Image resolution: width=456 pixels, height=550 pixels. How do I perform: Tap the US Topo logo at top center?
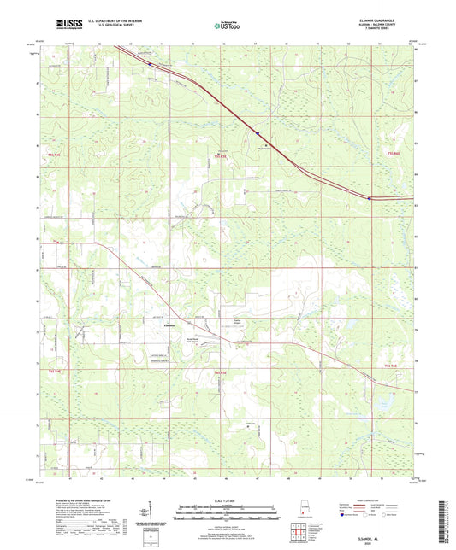[x=226, y=26]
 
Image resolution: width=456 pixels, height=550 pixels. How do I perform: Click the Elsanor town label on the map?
[x=169, y=325]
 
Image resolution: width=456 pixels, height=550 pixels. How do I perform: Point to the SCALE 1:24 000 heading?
[x=228, y=500]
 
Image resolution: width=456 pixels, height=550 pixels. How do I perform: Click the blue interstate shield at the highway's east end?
[x=370, y=198]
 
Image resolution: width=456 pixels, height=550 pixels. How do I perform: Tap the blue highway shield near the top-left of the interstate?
[x=150, y=63]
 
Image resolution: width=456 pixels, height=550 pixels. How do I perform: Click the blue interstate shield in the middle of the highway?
[x=256, y=132]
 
